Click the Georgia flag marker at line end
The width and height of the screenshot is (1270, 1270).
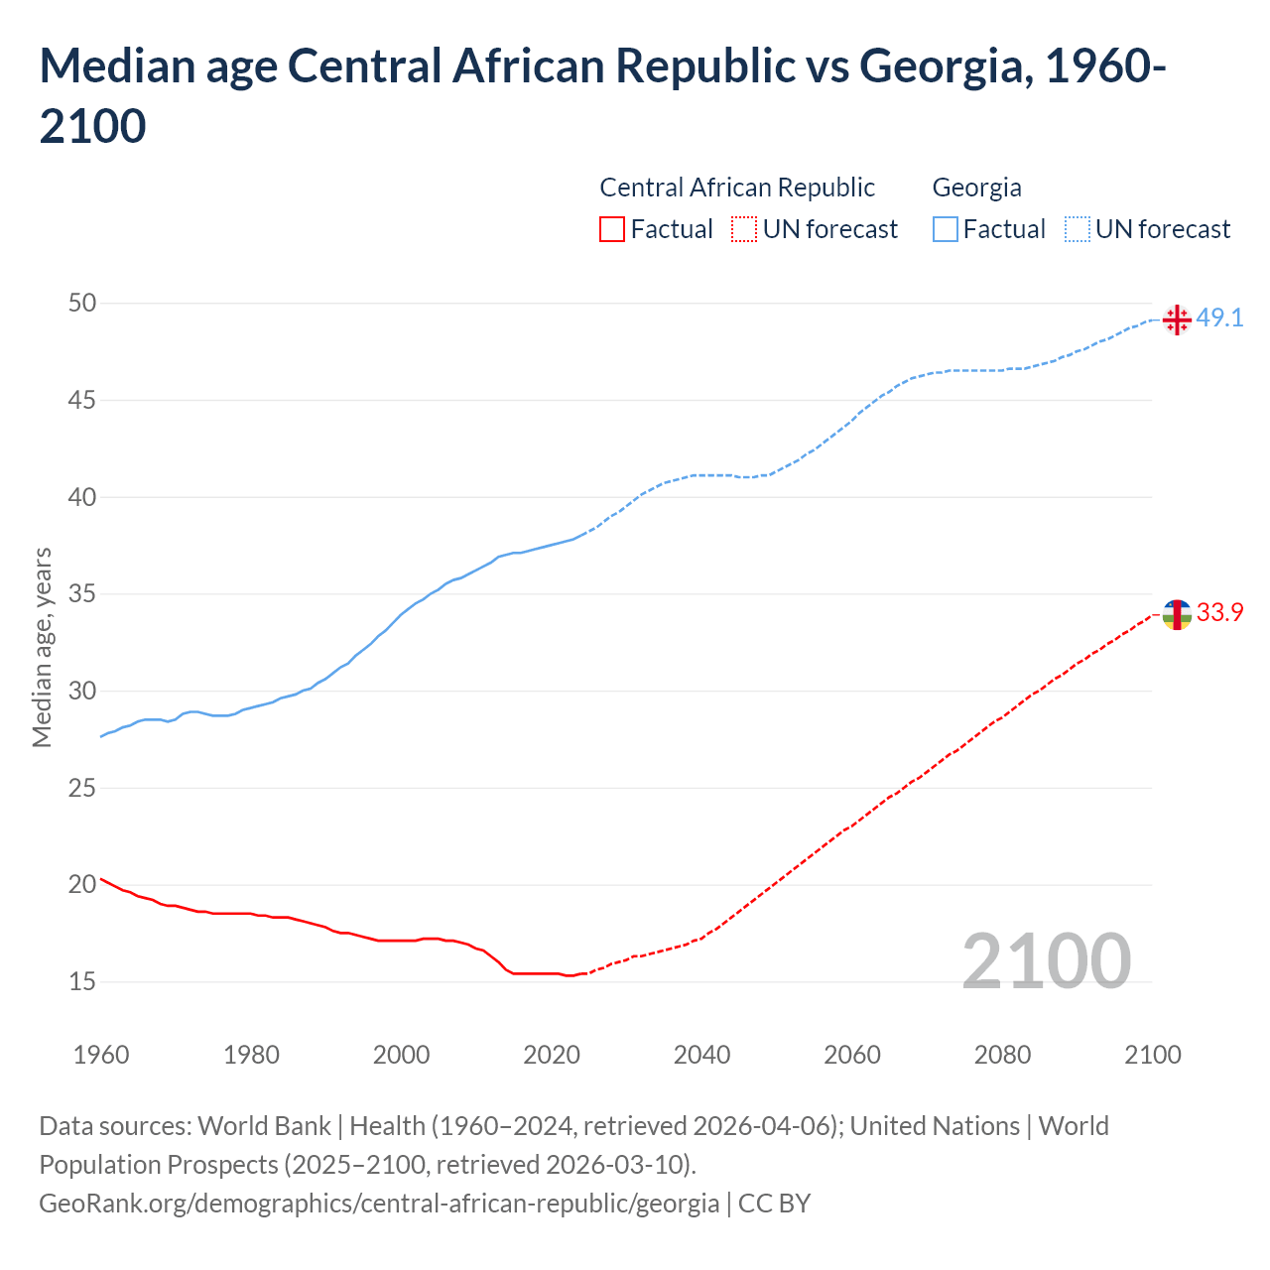(x=1176, y=319)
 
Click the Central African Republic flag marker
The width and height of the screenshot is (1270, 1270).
(x=1176, y=615)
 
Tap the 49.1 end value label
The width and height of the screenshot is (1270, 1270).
(x=1219, y=318)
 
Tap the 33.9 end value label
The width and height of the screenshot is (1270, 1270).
(x=1219, y=613)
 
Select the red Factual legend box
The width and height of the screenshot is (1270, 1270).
(x=612, y=229)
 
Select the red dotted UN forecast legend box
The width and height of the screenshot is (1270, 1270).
(x=744, y=229)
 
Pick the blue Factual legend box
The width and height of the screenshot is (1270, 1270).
(x=946, y=229)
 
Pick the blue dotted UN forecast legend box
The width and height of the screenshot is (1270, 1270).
(x=1077, y=229)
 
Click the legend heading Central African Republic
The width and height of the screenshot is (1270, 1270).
(x=737, y=188)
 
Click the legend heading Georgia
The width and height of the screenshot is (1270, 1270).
(x=976, y=188)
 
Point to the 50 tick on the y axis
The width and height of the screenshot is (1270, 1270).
(x=82, y=303)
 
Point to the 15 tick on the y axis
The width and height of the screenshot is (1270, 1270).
(x=82, y=981)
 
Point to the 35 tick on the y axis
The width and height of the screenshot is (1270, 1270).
(x=82, y=594)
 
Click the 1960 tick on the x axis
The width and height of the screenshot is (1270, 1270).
(x=101, y=1055)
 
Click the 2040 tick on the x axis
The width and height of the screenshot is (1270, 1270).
(x=701, y=1055)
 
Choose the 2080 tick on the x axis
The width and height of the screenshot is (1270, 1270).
(x=1002, y=1055)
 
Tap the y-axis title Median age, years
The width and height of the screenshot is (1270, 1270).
(x=42, y=647)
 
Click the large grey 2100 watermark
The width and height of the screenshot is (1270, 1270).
(x=1046, y=960)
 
